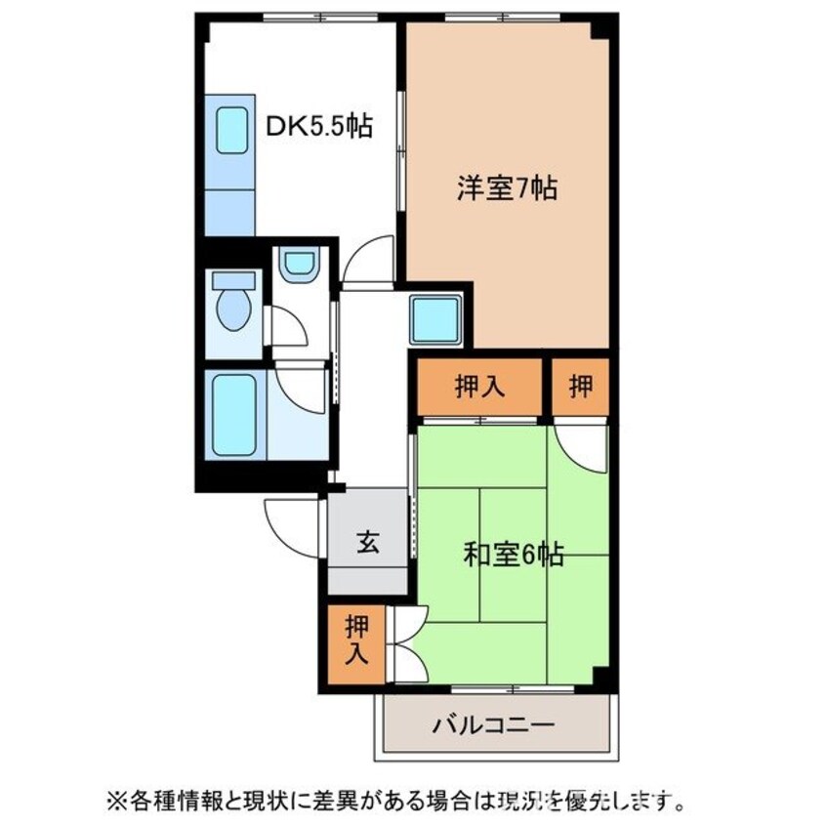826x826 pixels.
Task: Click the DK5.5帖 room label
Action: (319, 126)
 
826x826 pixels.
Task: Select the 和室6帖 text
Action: (513, 555)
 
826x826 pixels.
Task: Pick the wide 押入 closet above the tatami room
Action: (478, 387)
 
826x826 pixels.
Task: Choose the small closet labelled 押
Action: (580, 387)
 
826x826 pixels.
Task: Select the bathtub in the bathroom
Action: (233, 416)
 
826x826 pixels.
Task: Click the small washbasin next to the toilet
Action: (297, 264)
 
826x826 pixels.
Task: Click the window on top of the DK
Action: (293, 17)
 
